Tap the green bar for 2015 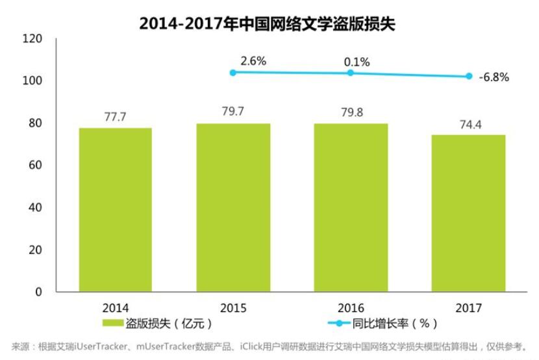[233, 207]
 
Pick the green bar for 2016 [350, 207]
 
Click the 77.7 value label [116, 117]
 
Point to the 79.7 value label [233, 112]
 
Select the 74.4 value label [468, 123]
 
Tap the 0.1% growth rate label [357, 62]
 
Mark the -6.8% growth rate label [494, 77]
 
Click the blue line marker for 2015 [233, 72]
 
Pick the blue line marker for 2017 [468, 76]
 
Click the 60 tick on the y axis [36, 165]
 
